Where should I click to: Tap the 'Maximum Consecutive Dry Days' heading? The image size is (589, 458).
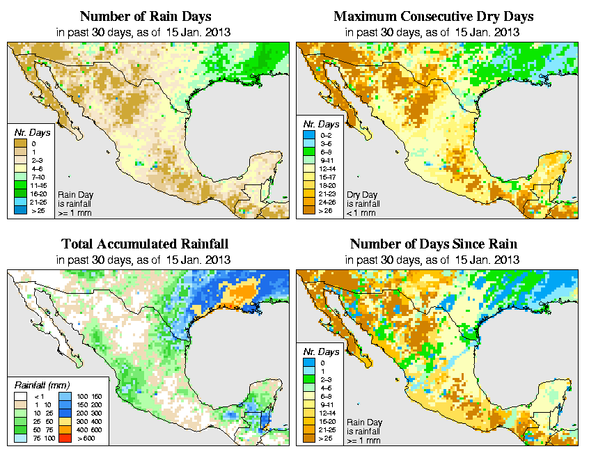click(x=433, y=16)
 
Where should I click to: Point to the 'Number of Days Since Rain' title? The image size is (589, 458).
click(x=433, y=244)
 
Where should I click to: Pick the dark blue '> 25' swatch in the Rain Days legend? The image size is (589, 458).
click(x=19, y=210)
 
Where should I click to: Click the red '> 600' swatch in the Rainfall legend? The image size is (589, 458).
click(x=64, y=441)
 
